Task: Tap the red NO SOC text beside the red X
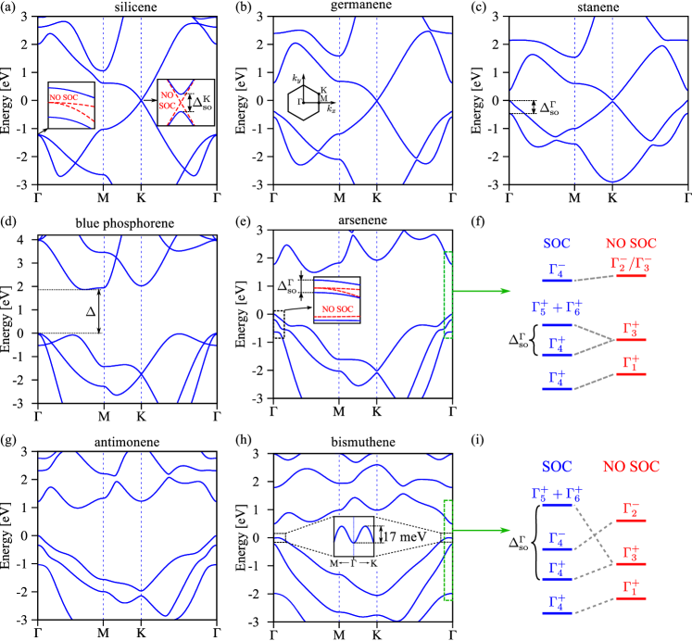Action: click(168, 100)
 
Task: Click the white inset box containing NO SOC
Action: click(336, 299)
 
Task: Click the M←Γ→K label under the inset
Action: click(353, 563)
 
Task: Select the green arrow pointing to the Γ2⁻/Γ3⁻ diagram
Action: click(482, 291)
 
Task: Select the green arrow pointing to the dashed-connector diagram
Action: click(482, 530)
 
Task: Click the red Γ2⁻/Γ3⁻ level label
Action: click(631, 264)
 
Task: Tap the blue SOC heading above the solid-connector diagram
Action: click(557, 244)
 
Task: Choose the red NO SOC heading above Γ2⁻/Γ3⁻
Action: click(631, 244)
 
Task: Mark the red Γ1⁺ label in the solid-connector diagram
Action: click(631, 365)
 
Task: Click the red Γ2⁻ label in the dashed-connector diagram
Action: click(631, 508)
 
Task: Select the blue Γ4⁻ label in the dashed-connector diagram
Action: click(557, 537)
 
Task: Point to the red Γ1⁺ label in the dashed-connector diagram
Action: click(631, 587)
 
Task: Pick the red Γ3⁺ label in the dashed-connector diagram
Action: click(631, 553)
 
